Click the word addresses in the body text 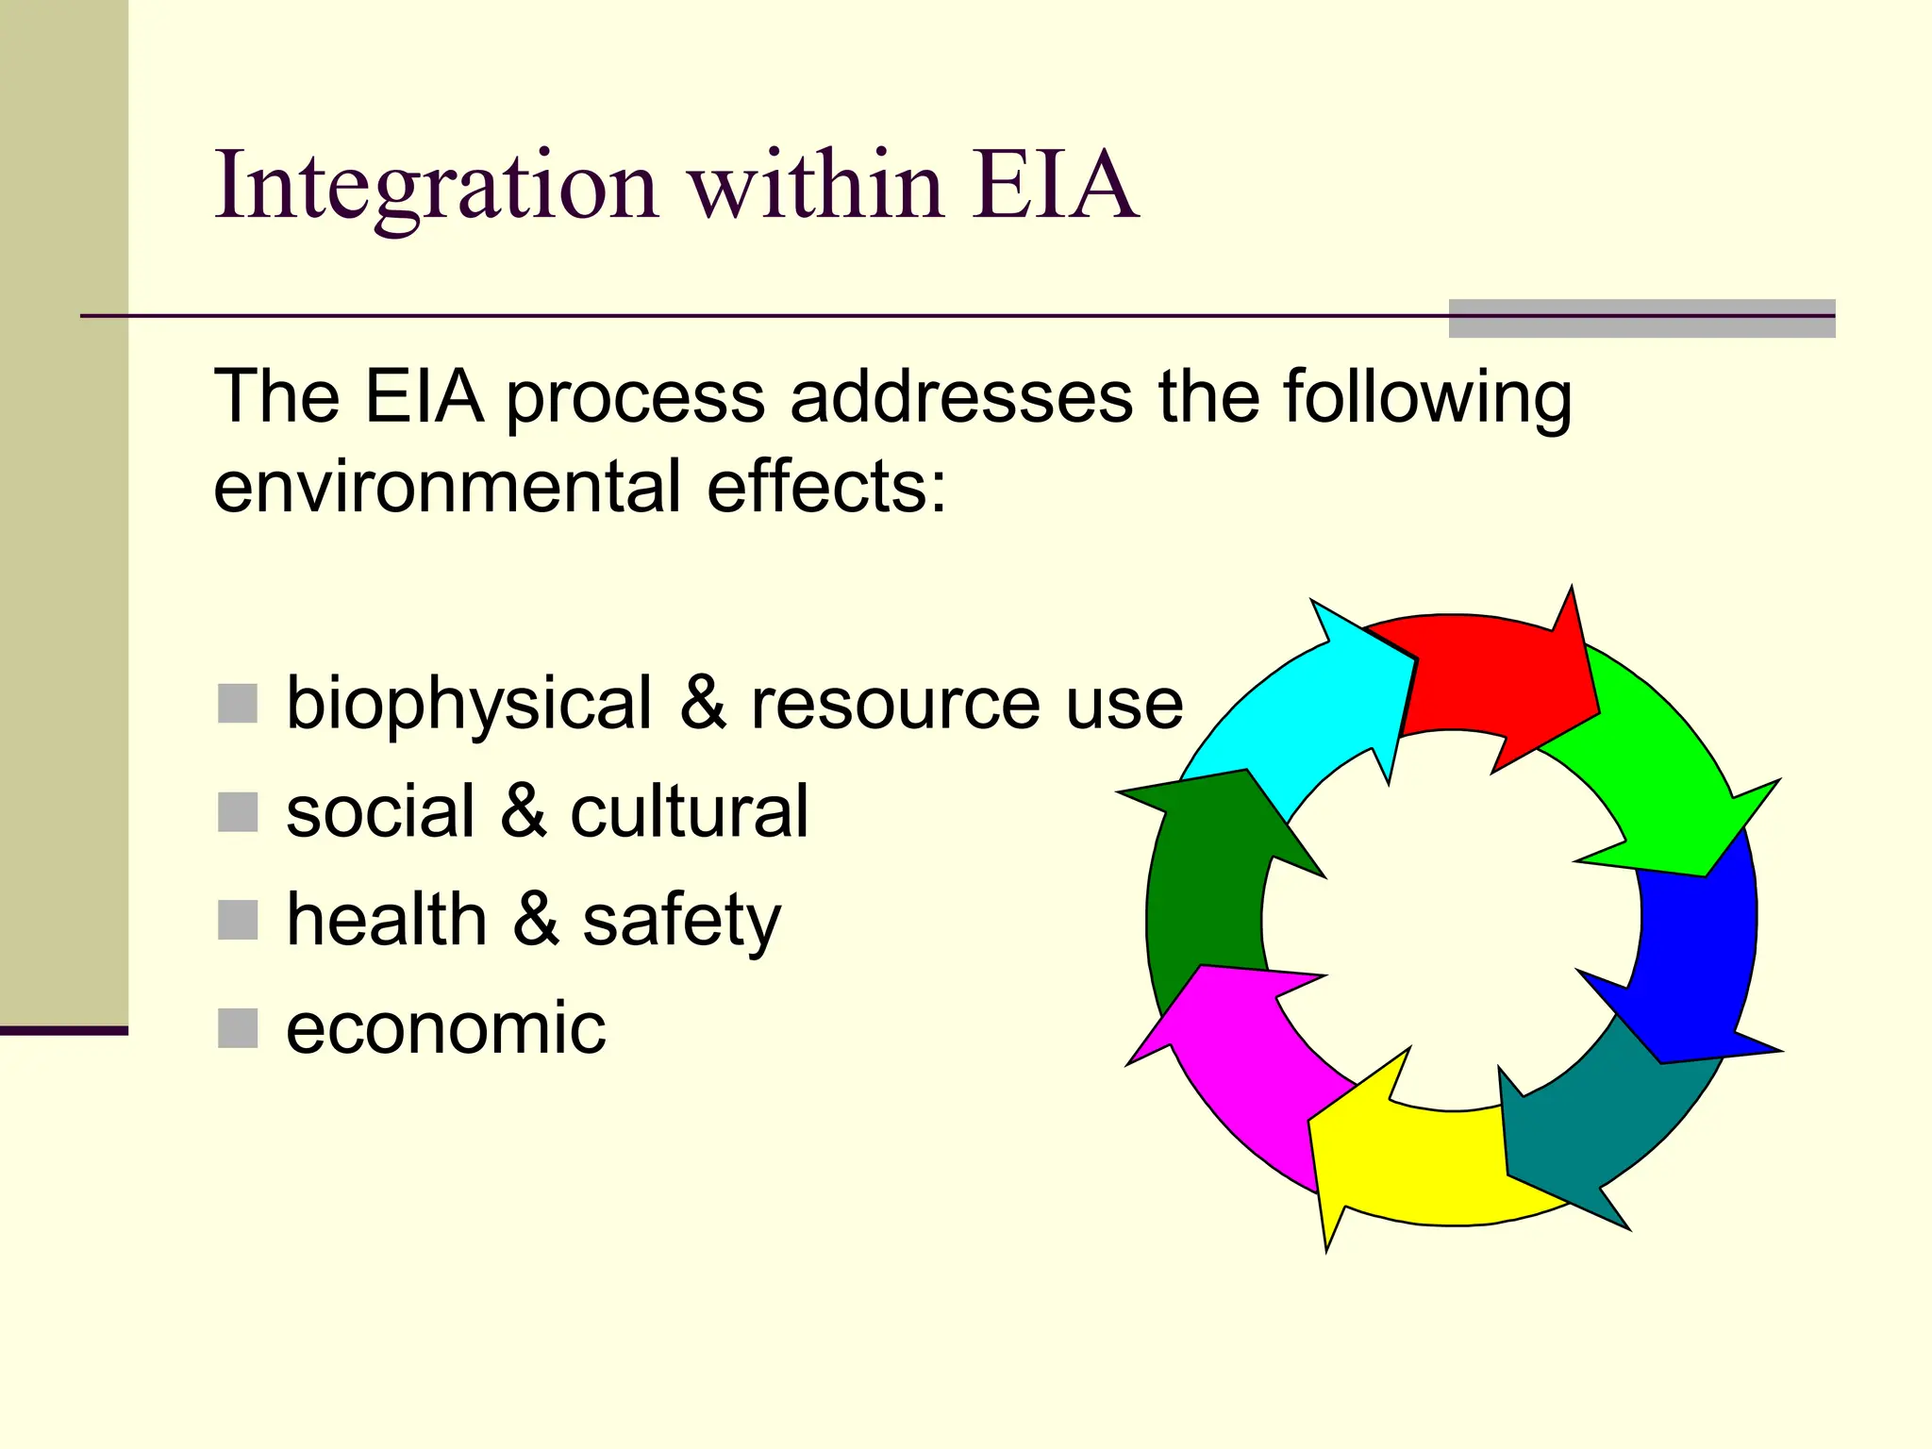click(961, 397)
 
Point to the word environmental click(447, 487)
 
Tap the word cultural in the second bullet click(689, 811)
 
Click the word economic click(445, 1028)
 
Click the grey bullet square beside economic click(238, 1028)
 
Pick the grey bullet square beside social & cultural click(238, 812)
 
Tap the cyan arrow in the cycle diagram click(1321, 717)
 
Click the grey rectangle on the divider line click(1641, 319)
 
